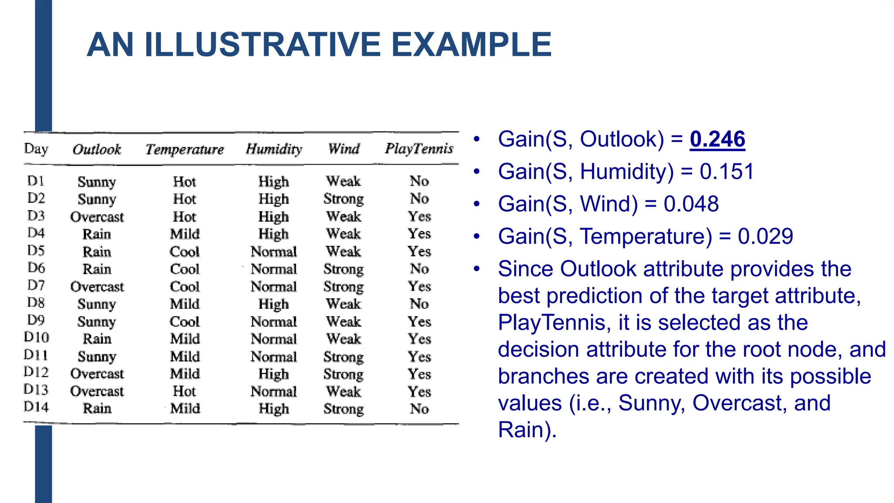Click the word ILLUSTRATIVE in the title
[263, 45]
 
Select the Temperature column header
[185, 149]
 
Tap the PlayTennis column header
[419, 149]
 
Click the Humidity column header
[274, 149]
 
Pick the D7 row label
[36, 286]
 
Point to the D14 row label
[36, 407]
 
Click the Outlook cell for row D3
[97, 217]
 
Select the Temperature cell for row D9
[185, 321]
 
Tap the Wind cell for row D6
[344, 269]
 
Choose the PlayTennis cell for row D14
[419, 409]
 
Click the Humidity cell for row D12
[274, 374]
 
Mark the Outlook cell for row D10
[97, 339]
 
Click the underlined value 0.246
[717, 139]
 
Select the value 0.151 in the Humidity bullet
[727, 171]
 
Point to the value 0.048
[691, 204]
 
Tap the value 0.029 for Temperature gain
[765, 236]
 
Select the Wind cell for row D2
[344, 199]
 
